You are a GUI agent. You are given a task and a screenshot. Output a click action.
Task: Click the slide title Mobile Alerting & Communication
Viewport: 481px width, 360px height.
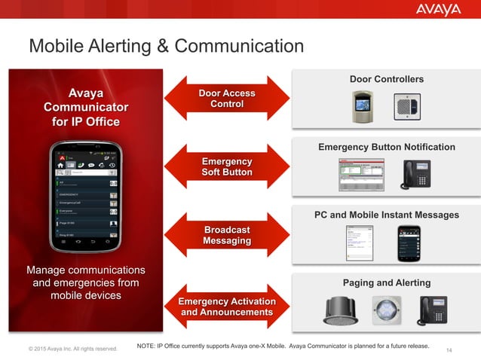[166, 47]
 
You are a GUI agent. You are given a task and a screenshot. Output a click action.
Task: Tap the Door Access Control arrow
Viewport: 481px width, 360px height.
[226, 99]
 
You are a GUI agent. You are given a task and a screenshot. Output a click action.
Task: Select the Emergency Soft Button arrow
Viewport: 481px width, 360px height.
[226, 166]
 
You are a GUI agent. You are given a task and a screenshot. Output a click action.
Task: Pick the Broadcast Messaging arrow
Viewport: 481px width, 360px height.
[226, 234]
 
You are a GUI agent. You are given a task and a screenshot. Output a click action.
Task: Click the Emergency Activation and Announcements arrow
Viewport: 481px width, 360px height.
[226, 307]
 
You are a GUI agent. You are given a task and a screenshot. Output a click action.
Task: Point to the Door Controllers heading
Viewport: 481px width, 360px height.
[386, 80]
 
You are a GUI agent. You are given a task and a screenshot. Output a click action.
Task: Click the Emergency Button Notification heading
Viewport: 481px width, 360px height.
[386, 147]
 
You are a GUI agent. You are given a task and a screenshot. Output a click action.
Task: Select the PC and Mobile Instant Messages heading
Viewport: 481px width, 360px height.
[386, 215]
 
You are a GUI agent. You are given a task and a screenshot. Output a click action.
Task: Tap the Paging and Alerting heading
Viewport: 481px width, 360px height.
[386, 282]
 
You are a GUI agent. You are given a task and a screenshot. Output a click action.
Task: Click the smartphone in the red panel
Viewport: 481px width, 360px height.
[84, 195]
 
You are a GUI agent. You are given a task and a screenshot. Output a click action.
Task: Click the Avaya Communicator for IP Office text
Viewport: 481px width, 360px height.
[85, 107]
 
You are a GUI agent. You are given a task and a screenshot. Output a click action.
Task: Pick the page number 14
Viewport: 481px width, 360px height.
[451, 349]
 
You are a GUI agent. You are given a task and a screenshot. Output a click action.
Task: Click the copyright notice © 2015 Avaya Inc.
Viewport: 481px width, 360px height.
[73, 349]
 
